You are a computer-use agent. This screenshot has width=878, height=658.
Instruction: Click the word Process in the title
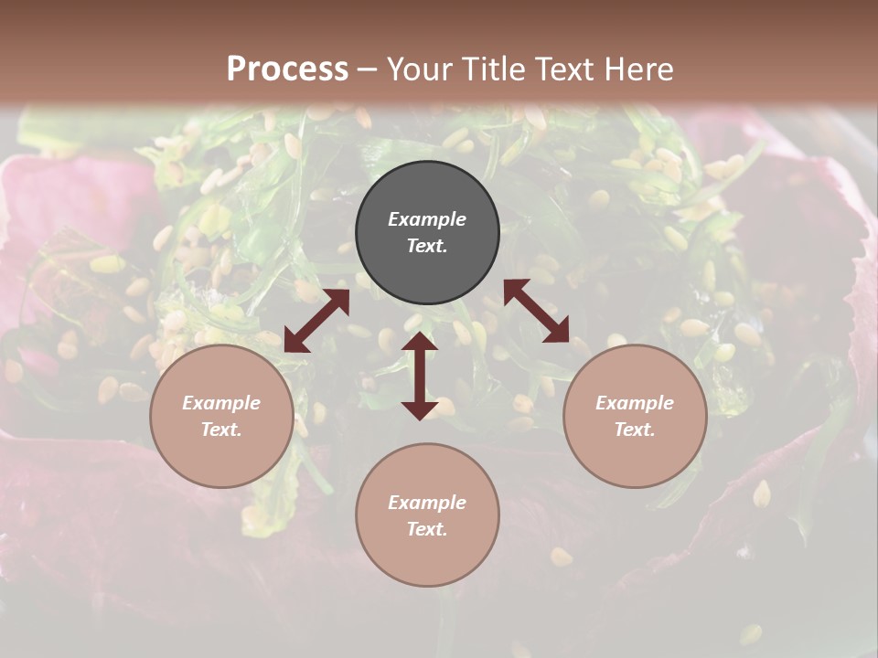(x=287, y=69)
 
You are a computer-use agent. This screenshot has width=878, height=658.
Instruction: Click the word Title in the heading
(x=491, y=69)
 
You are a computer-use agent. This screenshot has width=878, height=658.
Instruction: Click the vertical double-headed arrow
(x=420, y=376)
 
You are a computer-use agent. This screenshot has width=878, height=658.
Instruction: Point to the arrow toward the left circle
(x=316, y=321)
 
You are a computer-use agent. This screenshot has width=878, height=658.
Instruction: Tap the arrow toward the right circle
(x=537, y=311)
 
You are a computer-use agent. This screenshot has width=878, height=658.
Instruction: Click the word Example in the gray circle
(x=427, y=219)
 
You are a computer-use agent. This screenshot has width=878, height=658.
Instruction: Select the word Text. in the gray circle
(x=427, y=246)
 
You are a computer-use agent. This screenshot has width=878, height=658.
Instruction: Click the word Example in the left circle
(x=221, y=403)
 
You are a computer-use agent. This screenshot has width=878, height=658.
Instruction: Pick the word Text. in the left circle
(x=221, y=430)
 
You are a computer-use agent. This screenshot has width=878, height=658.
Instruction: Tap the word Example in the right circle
(x=635, y=403)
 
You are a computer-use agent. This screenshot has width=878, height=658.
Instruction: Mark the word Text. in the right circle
(x=635, y=430)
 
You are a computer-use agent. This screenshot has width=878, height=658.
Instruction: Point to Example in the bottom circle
(x=427, y=503)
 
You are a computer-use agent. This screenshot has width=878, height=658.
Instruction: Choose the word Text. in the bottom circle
(x=427, y=529)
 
